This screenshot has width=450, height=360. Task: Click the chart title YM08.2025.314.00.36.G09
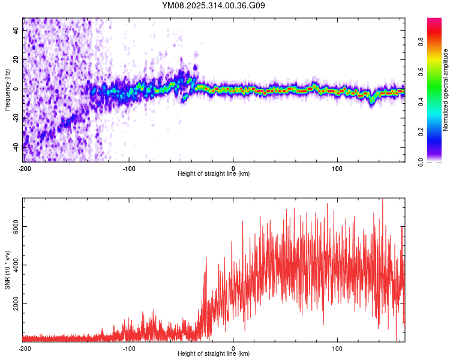[214, 5]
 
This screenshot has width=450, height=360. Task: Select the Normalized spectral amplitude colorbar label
[446, 91]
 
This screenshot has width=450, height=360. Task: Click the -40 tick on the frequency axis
[16, 146]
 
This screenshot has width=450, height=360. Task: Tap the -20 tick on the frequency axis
[16, 118]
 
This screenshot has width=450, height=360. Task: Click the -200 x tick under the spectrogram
[24, 167]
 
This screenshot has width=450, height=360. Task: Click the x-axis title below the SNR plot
[214, 354]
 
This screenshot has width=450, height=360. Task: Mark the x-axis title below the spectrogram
[214, 174]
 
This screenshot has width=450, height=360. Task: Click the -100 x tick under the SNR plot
[128, 347]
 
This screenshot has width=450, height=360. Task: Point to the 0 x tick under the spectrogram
[233, 167]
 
